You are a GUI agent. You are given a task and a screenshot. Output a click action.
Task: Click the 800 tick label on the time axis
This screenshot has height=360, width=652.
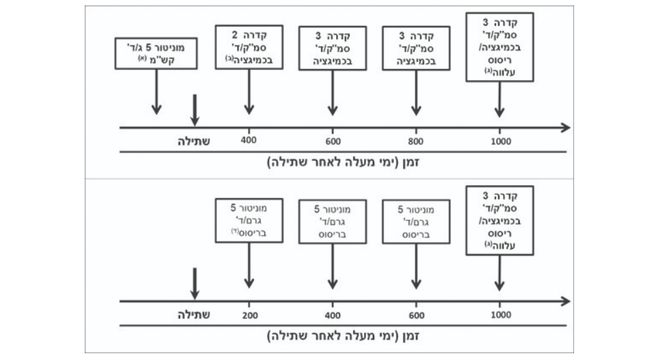415,141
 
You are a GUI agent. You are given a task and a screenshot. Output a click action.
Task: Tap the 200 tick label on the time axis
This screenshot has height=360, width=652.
249,315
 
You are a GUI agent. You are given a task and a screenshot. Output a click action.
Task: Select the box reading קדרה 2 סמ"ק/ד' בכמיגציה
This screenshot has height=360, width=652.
249,48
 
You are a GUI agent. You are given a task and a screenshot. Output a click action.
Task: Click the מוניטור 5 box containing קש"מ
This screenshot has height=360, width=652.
156,54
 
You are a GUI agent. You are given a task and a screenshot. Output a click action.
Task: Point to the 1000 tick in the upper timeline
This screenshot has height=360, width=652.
500,141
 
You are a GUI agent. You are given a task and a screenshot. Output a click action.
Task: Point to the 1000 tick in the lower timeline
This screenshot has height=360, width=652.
500,315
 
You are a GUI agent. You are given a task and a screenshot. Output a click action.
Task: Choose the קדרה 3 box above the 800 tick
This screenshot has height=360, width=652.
415,48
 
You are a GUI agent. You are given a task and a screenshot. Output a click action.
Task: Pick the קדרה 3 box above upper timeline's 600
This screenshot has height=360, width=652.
332,48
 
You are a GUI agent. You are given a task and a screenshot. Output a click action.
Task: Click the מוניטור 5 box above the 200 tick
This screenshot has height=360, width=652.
249,221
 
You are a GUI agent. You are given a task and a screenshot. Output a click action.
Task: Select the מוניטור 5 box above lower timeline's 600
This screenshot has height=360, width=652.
415,221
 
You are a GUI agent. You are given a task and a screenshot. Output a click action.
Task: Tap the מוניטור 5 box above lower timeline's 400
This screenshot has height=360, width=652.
332,221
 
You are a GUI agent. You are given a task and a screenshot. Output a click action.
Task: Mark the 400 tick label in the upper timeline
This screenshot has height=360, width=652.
249,141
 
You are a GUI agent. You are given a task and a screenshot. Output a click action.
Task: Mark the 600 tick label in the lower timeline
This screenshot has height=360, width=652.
415,315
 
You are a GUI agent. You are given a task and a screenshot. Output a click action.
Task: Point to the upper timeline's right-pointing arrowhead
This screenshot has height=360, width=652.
565,127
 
